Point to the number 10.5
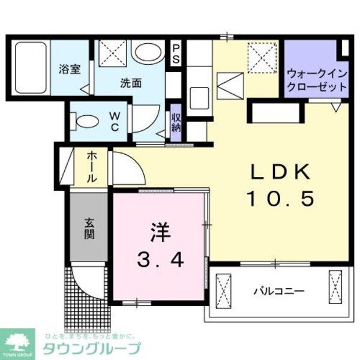point(280,199)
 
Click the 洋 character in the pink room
point(158,230)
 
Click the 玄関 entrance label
point(89,227)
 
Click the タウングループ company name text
point(91,349)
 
